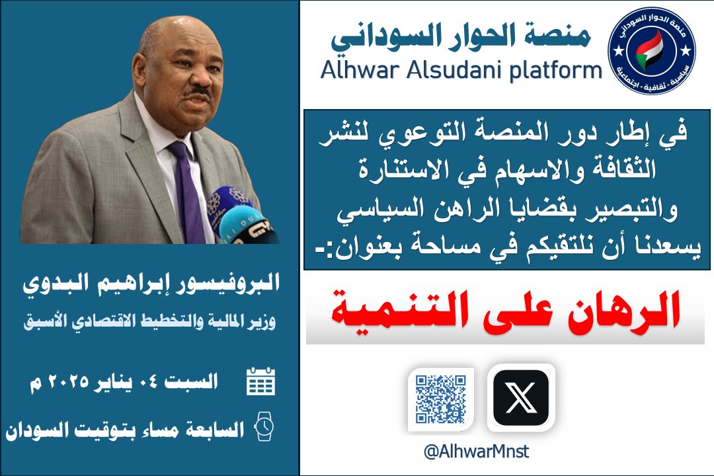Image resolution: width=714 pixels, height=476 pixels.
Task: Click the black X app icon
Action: [x=521, y=397]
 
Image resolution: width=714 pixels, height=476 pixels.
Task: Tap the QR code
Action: [x=440, y=399]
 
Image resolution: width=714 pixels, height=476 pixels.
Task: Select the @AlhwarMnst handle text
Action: [x=476, y=452]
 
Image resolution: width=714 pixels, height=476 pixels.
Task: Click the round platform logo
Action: [x=651, y=50]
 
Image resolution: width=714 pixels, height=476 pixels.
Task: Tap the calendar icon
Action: [x=260, y=381]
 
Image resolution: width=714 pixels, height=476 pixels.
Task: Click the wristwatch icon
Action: [x=264, y=426]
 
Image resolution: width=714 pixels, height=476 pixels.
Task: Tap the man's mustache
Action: [x=197, y=93]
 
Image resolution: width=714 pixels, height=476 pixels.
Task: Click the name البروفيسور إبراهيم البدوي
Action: [x=151, y=284]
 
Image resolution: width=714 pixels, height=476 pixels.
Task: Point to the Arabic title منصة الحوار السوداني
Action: [x=461, y=36]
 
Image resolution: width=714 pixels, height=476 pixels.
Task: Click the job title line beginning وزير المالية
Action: [x=150, y=321]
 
